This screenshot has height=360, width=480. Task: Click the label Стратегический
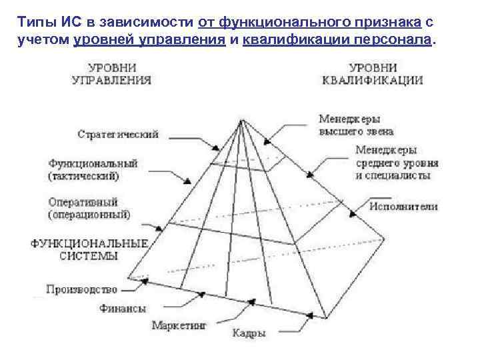tap(117, 134)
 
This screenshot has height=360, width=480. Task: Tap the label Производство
tap(82, 289)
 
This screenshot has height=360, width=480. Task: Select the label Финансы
tap(123, 309)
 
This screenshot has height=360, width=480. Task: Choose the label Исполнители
tap(404, 206)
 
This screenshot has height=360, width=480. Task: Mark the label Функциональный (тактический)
tap(93, 169)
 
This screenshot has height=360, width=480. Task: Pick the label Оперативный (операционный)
tap(89, 208)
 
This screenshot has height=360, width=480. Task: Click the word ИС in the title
tap(56, 23)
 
